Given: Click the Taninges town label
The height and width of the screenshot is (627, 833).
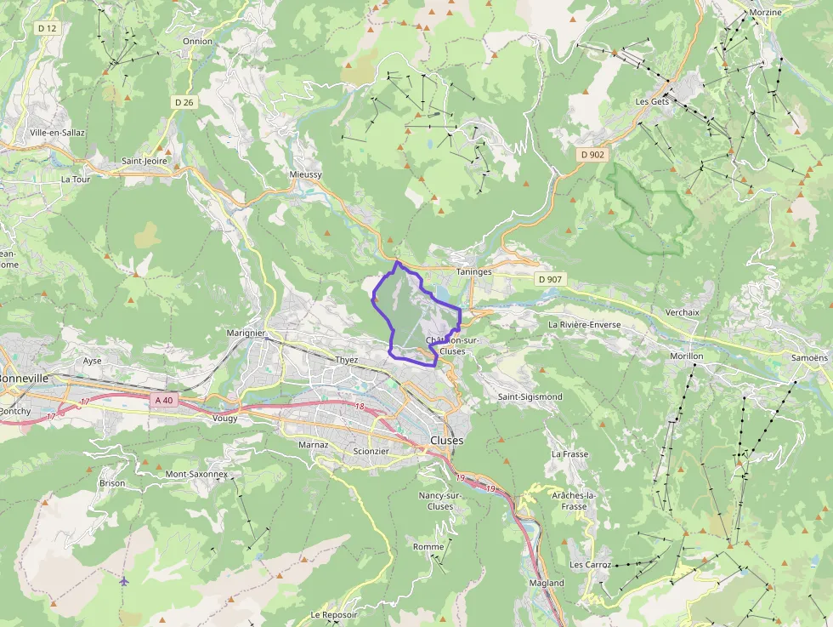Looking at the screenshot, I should click(x=474, y=271).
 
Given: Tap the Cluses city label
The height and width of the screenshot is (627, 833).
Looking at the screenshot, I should click(x=447, y=441).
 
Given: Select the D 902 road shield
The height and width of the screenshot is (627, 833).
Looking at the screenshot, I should click(x=592, y=155).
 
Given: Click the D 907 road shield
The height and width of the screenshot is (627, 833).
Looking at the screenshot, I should click(x=550, y=279).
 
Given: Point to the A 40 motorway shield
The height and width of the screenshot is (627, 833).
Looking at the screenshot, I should click(x=164, y=399).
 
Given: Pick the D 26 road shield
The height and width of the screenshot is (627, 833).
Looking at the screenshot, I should click(x=184, y=102).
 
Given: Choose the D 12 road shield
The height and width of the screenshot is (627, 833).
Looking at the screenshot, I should click(x=47, y=28).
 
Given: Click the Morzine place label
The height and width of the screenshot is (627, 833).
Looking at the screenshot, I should click(x=765, y=13).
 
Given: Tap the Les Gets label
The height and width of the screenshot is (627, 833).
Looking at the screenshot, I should click(x=653, y=101).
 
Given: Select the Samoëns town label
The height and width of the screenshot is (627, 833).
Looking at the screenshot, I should click(x=808, y=358).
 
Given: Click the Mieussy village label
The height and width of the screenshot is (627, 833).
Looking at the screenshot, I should click(x=306, y=174).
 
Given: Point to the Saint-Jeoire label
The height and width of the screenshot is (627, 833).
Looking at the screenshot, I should click(x=144, y=160).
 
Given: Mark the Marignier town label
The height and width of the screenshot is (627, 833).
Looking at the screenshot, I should click(x=246, y=333).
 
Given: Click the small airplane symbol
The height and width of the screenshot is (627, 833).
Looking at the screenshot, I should click(x=125, y=581).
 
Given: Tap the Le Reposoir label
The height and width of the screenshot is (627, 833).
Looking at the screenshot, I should click(x=334, y=614).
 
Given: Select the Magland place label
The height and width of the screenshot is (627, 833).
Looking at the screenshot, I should click(x=546, y=583).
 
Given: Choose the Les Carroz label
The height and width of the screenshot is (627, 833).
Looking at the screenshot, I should click(x=588, y=565).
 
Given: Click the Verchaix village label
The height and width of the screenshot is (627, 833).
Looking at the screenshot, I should click(x=683, y=312).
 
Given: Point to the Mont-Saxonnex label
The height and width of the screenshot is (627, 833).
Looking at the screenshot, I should click(x=196, y=474).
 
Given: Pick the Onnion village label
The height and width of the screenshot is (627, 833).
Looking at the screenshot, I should click(x=197, y=41).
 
